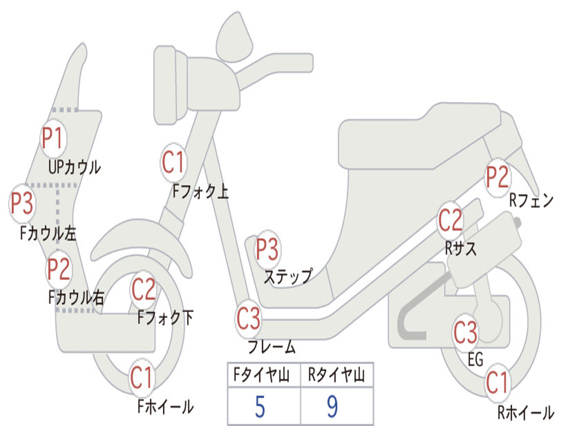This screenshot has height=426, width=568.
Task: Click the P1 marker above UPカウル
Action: tap(53, 138)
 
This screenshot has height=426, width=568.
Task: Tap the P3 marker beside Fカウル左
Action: tap(22, 203)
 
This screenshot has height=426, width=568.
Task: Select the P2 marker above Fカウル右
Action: tap(59, 270)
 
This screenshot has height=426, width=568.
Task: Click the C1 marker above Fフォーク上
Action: tap(174, 163)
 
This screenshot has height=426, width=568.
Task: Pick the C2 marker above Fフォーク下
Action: tap(144, 290)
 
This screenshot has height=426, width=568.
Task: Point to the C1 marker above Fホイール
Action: tap(142, 378)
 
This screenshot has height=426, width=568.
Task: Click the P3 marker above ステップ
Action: tap(267, 249)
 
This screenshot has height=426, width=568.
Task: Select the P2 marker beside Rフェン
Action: tap(497, 177)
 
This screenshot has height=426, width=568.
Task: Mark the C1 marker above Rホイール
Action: tap(497, 383)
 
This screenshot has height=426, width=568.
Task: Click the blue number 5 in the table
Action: tap(260, 407)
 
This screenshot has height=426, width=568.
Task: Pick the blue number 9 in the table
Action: tap(333, 407)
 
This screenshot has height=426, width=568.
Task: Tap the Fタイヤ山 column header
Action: tap(262, 374)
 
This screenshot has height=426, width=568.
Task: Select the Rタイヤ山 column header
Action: tap(337, 374)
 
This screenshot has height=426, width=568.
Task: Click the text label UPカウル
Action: tap(75, 168)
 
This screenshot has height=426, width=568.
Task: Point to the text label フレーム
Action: tap(272, 347)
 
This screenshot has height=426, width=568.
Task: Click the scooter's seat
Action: tap(420, 137)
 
